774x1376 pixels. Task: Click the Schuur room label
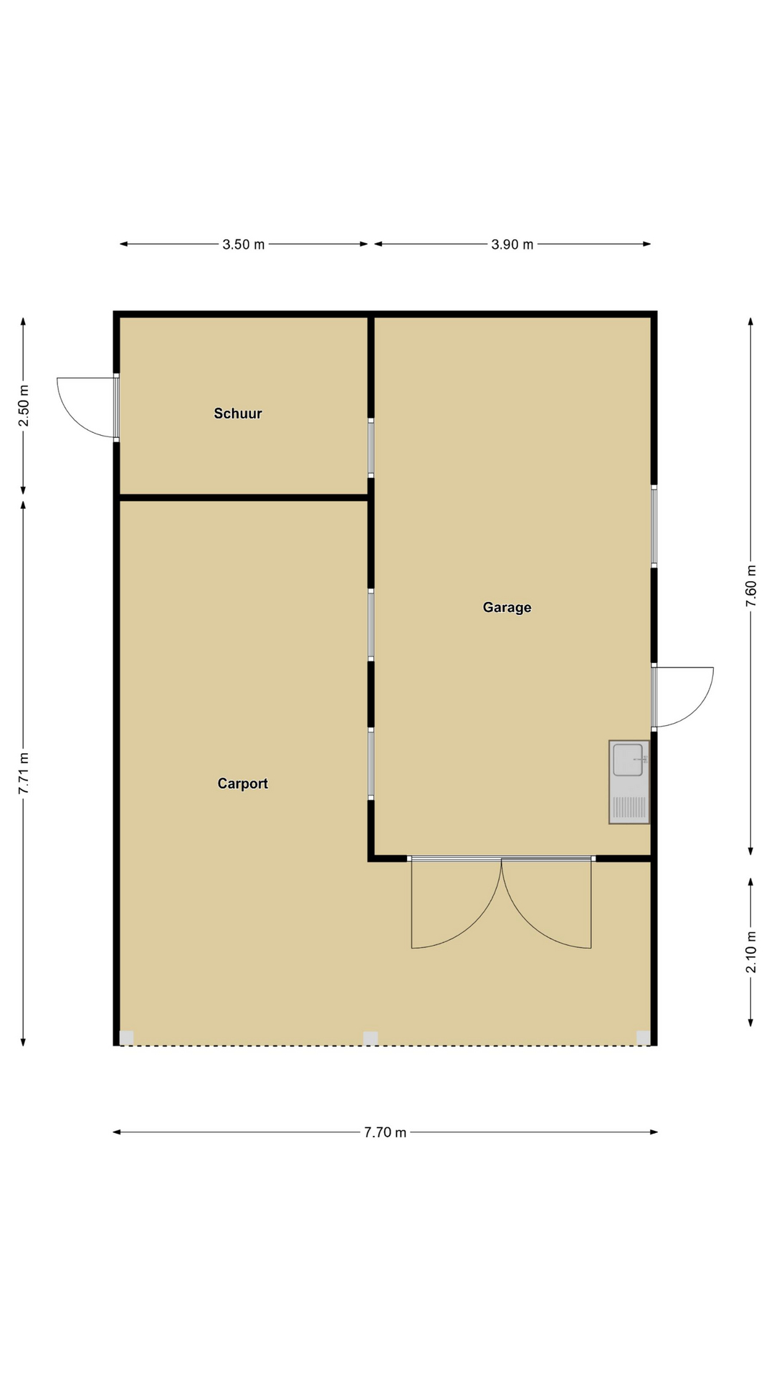coord(238,414)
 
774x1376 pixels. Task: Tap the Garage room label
coord(507,608)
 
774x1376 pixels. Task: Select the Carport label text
coord(242,784)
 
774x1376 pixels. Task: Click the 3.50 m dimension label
coord(244,244)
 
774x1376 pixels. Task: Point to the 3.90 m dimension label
coord(512,244)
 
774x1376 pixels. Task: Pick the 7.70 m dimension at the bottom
coord(386,1132)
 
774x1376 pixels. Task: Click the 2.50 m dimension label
coord(24,406)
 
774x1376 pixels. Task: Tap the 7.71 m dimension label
coord(24,773)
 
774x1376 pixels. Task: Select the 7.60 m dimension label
coord(751,586)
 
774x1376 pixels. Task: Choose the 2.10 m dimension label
coord(751,952)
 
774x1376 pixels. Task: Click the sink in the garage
coord(629,782)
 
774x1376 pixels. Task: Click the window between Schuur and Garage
coord(371,448)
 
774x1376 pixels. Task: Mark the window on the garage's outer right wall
coord(654,527)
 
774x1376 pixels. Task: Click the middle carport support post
coord(371,1038)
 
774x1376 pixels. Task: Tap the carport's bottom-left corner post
coord(126,1038)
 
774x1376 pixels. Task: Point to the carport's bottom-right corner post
coord(643,1038)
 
